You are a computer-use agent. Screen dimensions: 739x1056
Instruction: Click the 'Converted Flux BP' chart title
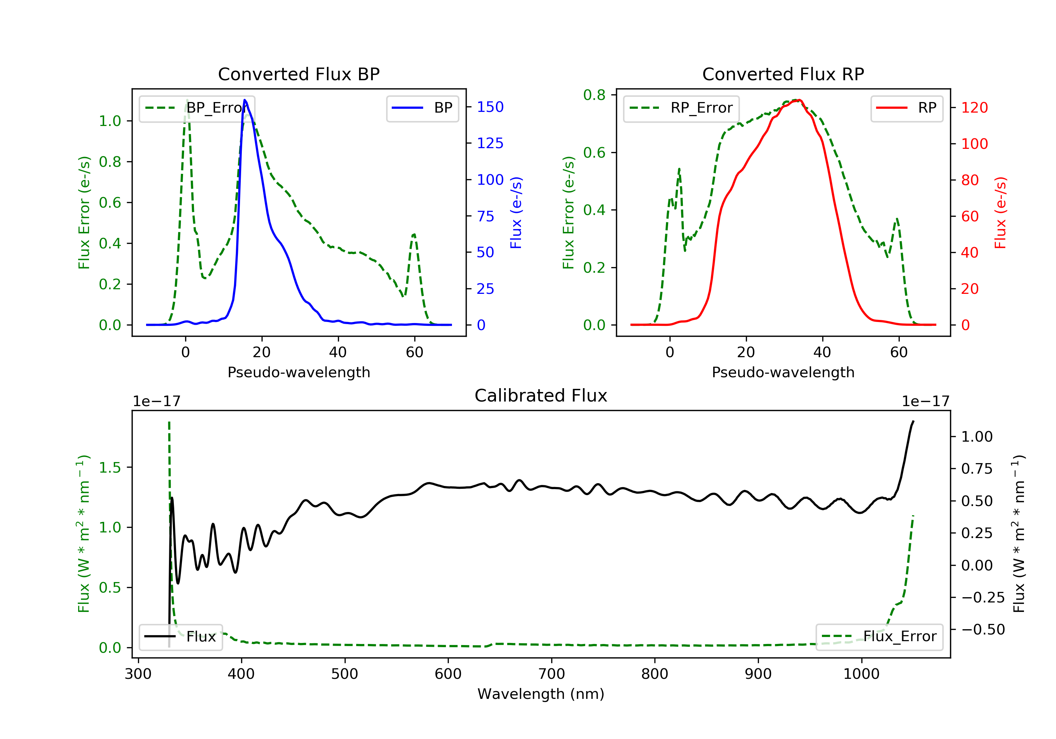tap(298, 74)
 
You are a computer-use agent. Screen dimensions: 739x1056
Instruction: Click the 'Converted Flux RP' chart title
tap(783, 74)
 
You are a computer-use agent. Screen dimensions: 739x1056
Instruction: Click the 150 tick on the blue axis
tap(490, 107)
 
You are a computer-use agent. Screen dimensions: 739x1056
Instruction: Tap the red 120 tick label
tap(974, 108)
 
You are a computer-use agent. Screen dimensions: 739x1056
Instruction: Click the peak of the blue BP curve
tap(245, 100)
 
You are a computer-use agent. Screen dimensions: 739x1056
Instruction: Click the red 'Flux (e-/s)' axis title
tap(1000, 213)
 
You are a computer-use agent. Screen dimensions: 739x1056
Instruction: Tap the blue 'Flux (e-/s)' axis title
tap(516, 213)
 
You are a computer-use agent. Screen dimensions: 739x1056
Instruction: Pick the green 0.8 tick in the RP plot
tap(594, 95)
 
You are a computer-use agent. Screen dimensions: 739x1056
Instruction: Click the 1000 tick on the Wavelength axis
tap(861, 674)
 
